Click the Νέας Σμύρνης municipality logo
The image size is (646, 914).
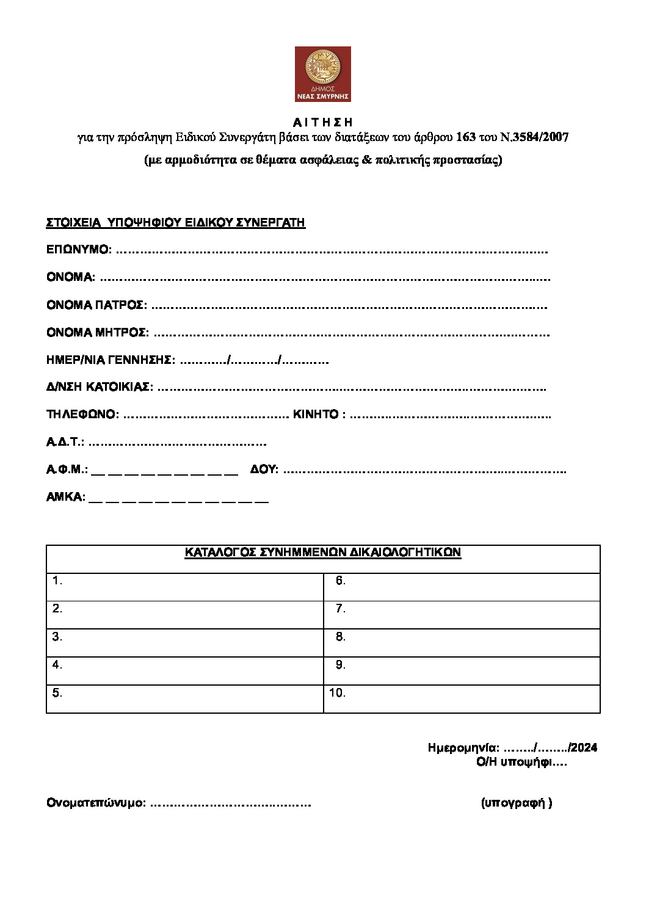coord(322,74)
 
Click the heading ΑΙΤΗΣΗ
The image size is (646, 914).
coord(322,122)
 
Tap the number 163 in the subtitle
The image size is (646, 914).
coord(465,137)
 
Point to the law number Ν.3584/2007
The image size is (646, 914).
coord(534,137)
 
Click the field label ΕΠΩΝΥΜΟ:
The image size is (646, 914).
coord(79,250)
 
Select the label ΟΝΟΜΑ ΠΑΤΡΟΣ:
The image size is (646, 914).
coord(96,305)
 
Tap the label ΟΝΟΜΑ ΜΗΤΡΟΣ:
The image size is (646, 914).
coord(97,333)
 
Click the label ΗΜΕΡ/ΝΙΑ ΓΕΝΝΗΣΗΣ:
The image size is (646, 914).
coord(111,360)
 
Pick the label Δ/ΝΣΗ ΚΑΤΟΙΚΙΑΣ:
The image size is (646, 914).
coord(100,387)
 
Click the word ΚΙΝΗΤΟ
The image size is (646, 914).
coord(316,415)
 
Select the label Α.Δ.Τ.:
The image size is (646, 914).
coord(65,442)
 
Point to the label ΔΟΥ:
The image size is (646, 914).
coord(264,470)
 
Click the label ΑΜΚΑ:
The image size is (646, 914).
coord(65,497)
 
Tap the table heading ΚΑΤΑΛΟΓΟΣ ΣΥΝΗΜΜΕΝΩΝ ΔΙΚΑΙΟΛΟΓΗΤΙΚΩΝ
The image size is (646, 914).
coord(322,553)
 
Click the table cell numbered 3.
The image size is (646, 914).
coord(184,643)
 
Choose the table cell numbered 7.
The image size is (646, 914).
coord(462,615)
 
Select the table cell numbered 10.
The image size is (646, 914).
coord(462,699)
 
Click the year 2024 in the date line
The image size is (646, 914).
coord(584,748)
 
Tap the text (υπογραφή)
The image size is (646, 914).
coord(517,803)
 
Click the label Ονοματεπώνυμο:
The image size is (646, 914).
coord(96,803)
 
